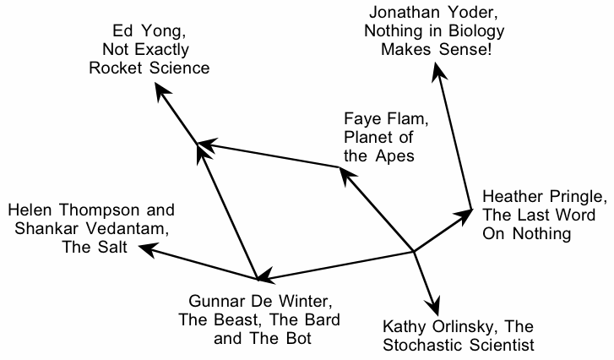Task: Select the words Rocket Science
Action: click(149, 68)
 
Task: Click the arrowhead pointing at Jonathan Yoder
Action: click(437, 73)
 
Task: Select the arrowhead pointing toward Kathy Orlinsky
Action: click(437, 307)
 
